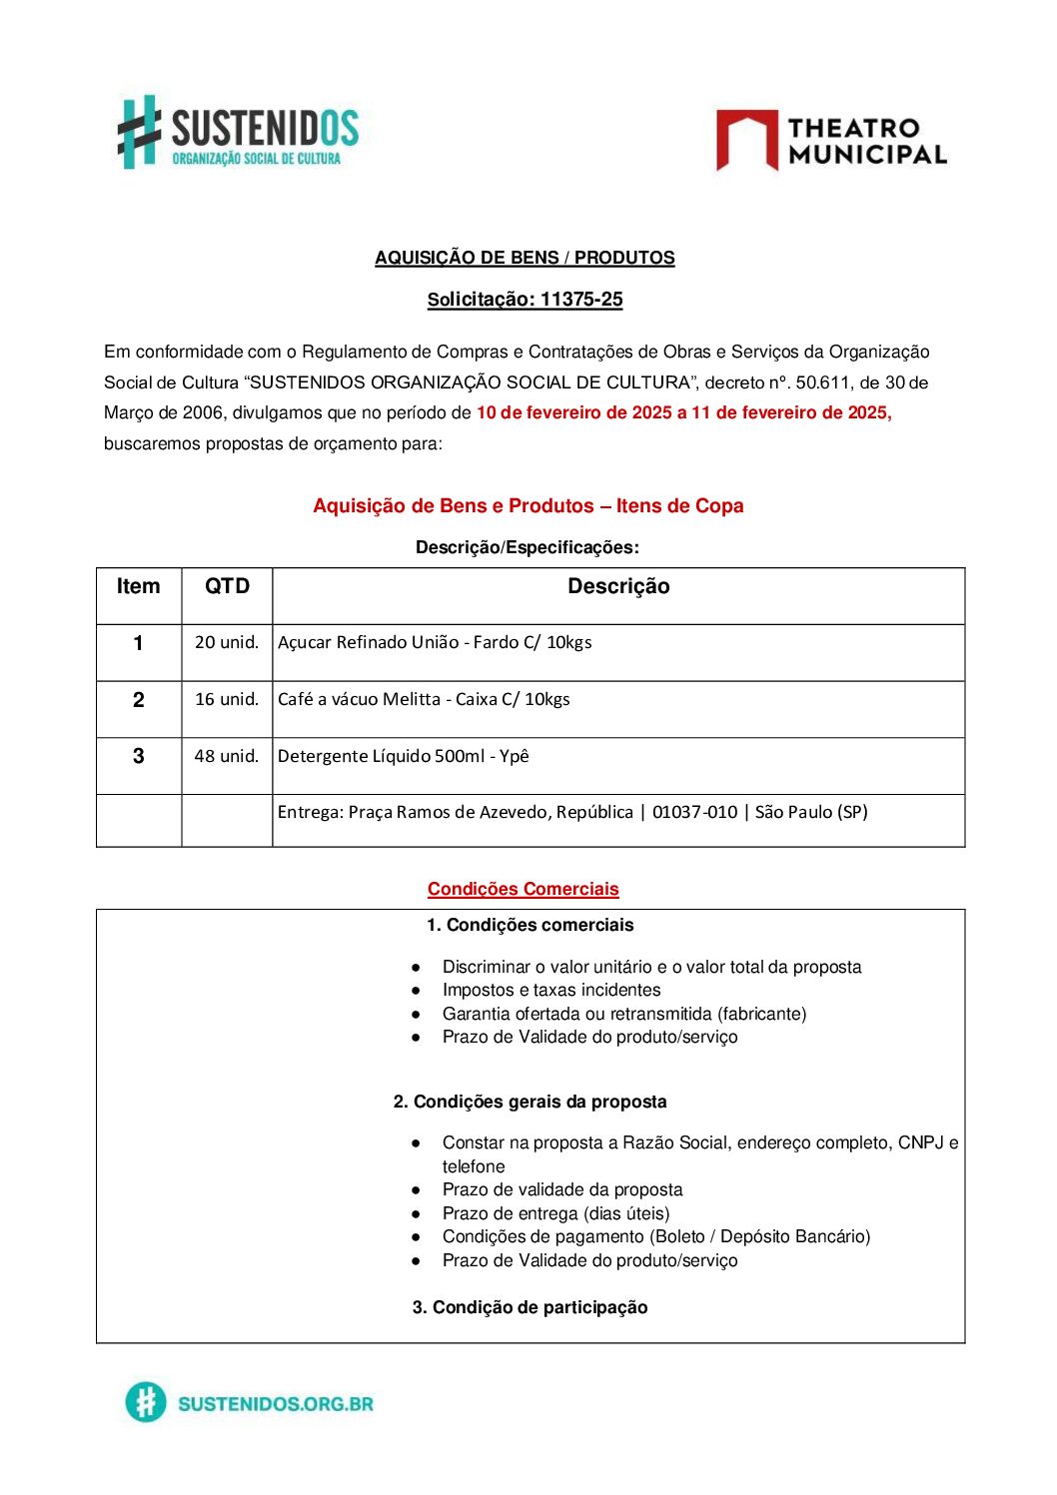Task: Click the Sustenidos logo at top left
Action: click(238, 133)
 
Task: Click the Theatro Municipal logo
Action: click(831, 141)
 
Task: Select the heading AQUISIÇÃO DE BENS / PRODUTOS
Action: click(525, 258)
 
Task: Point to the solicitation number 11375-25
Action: click(581, 300)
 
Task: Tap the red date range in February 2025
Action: click(683, 412)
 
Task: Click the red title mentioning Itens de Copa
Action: click(528, 506)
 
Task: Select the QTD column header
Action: click(227, 587)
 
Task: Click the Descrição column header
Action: click(618, 587)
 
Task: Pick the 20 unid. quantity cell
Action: click(227, 642)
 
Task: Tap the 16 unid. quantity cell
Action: click(227, 699)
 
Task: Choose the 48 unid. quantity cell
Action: click(227, 756)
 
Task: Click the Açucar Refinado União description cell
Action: click(435, 642)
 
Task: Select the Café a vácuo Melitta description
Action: click(424, 699)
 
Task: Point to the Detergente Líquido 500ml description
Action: click(403, 756)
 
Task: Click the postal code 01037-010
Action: click(694, 812)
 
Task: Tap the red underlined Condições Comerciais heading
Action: click(523, 889)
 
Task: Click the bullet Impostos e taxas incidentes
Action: click(551, 990)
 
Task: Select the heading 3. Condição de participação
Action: click(529, 1307)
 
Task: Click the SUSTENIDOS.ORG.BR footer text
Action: click(275, 1403)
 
